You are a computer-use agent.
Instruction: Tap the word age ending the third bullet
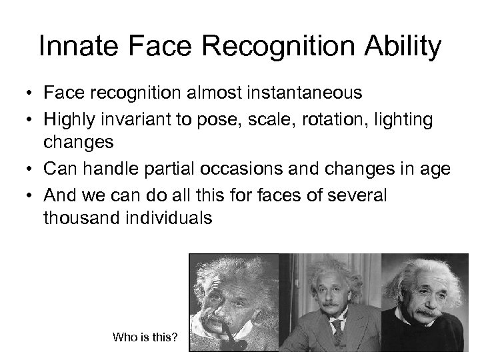(x=435, y=169)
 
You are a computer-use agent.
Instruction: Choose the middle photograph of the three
(x=326, y=302)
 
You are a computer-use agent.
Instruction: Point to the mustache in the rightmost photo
(x=426, y=311)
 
